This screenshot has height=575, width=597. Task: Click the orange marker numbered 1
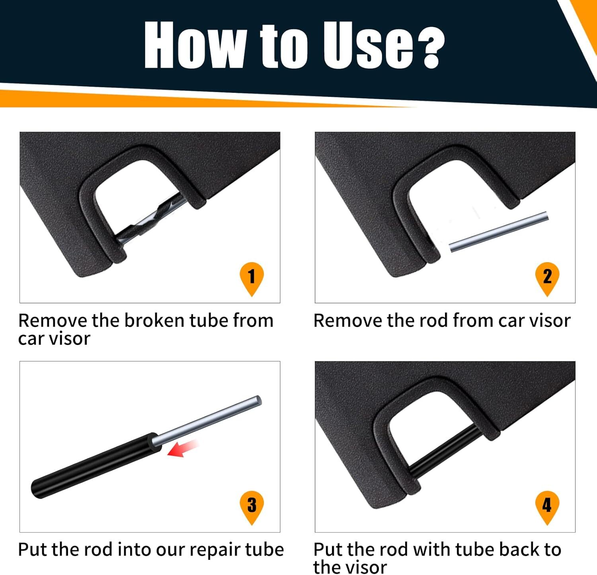point(251,277)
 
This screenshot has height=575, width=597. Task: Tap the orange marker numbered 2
point(547,277)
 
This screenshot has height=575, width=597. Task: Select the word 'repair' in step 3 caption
point(215,550)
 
